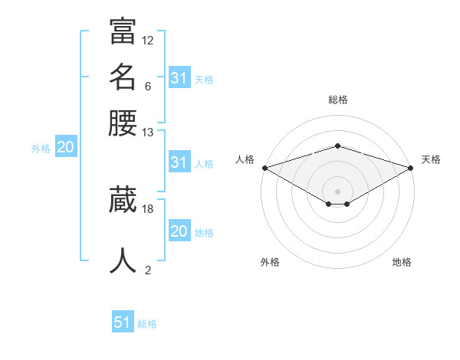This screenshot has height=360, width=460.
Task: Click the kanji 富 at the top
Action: [x=123, y=33]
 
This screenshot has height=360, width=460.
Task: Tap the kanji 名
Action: [x=123, y=77]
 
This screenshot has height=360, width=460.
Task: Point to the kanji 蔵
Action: [x=123, y=201]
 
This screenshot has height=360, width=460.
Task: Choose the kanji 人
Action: [x=123, y=261]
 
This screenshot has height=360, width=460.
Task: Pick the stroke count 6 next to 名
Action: [x=147, y=86]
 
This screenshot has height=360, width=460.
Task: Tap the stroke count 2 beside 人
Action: [x=148, y=270]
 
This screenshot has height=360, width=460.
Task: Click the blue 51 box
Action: [x=123, y=322]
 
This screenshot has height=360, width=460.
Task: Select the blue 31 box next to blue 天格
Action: [x=179, y=78]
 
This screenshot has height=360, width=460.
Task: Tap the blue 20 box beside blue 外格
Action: [x=65, y=148]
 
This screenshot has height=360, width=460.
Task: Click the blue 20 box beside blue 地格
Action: [x=179, y=231]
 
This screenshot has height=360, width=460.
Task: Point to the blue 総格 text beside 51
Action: [x=147, y=324]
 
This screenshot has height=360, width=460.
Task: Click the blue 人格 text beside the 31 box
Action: [x=204, y=163]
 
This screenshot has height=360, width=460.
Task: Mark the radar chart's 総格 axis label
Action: [x=338, y=100]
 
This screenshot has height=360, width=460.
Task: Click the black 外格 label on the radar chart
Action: [x=270, y=262]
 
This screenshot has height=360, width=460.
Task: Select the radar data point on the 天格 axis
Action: [x=411, y=168]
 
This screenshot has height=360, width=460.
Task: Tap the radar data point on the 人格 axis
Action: [x=264, y=168]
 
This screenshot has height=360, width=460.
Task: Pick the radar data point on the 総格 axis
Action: [x=338, y=146]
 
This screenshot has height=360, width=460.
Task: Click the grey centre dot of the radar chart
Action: [x=338, y=191]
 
